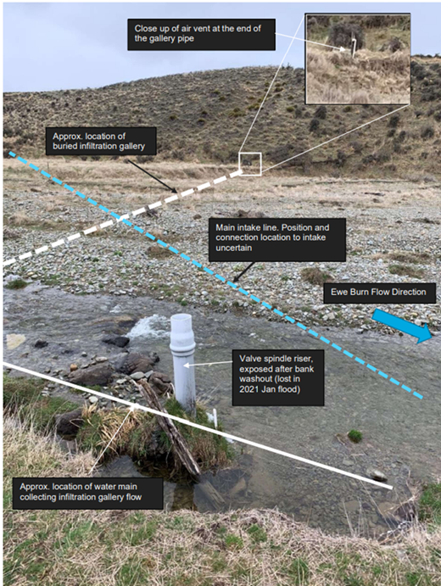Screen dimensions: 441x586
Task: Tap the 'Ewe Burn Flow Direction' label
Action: click(x=379, y=293)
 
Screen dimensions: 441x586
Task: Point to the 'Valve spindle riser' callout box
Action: click(x=278, y=377)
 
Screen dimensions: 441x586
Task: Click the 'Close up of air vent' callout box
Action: click(x=202, y=35)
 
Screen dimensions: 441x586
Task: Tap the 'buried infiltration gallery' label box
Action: click(x=101, y=141)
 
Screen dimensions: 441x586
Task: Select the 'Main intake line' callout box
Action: click(x=277, y=239)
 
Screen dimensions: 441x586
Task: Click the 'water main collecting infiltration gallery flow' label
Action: click(x=87, y=494)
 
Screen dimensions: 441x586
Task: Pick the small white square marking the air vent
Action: click(x=250, y=164)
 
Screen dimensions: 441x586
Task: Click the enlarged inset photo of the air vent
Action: click(x=358, y=59)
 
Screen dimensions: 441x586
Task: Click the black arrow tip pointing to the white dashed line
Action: click(x=177, y=193)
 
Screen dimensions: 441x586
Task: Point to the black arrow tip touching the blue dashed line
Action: click(x=233, y=282)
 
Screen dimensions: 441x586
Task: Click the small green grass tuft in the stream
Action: click(x=354, y=436)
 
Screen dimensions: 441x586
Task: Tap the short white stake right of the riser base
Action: click(x=215, y=419)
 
